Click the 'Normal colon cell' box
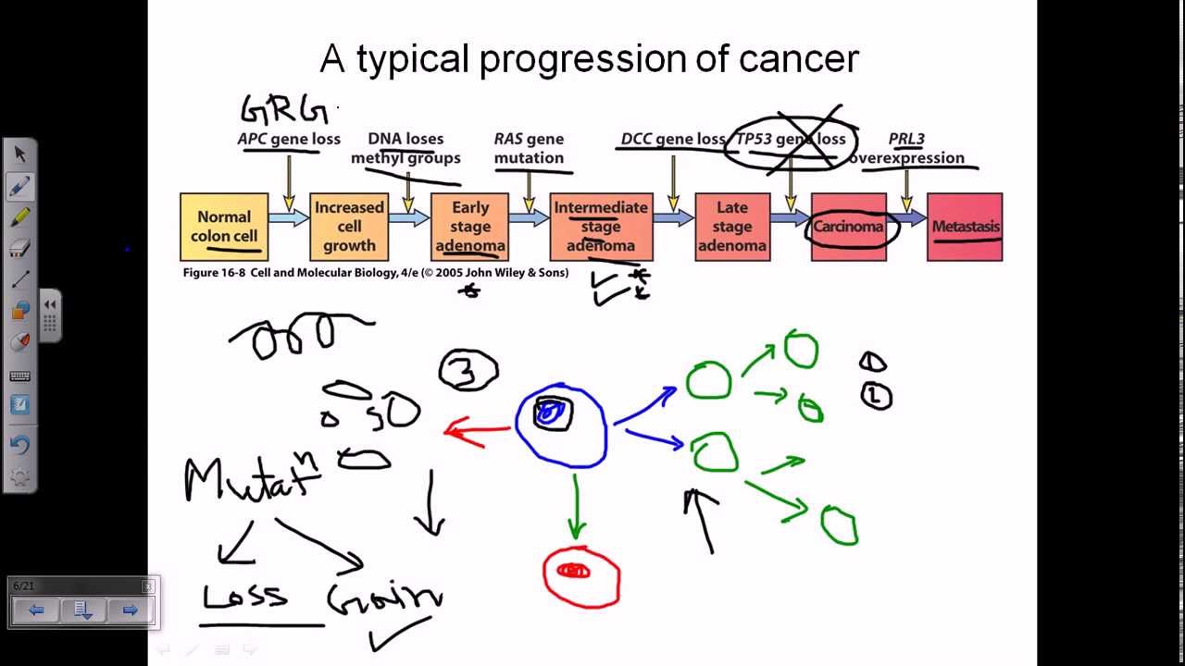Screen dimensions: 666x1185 tap(224, 227)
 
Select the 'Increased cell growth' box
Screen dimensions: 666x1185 tap(349, 227)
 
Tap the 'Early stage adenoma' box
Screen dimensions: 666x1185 tap(470, 227)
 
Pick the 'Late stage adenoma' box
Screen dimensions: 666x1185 tap(731, 227)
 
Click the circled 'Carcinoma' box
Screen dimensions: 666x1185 tap(849, 227)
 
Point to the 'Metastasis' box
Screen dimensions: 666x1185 tap(965, 227)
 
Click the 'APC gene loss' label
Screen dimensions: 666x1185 tap(289, 139)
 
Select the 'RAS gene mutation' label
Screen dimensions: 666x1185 tap(529, 148)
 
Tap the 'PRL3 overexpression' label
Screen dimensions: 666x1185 tap(906, 148)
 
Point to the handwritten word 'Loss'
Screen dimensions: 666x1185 tap(244, 596)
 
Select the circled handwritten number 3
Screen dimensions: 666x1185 tap(468, 371)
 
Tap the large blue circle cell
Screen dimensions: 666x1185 tap(561, 425)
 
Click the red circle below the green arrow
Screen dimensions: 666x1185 tap(580, 575)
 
